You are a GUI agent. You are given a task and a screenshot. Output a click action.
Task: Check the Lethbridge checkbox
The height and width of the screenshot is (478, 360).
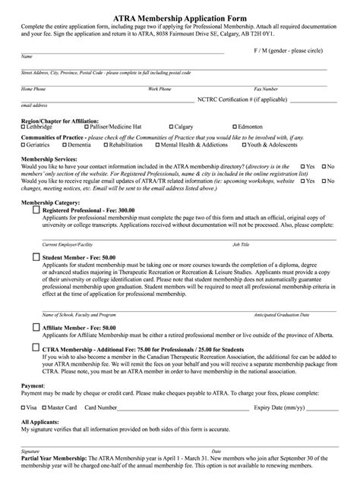pos(24,127)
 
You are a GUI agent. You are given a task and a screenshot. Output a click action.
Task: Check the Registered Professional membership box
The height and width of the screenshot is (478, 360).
pos(37,212)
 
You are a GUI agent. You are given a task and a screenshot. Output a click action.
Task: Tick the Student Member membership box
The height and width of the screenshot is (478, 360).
pos(37,257)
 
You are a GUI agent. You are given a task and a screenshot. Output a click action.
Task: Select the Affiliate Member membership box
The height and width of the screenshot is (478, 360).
pos(37,327)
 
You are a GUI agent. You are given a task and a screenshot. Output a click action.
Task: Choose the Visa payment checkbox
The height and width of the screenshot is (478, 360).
pos(24,407)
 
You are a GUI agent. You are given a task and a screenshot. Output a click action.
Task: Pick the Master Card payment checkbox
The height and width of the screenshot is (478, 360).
pos(46,407)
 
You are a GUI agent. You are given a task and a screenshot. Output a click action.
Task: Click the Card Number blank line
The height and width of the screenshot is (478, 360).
pos(182,408)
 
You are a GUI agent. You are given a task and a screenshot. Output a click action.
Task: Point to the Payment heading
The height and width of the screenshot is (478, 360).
pos(33,385)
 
